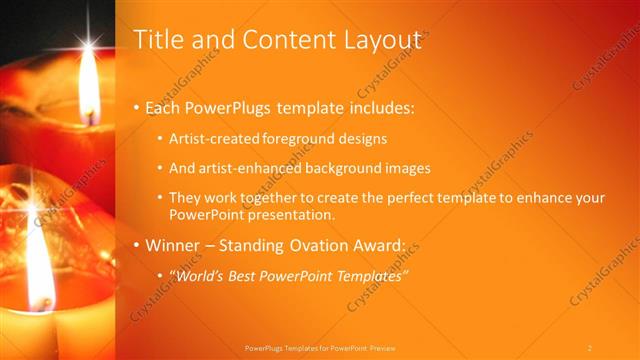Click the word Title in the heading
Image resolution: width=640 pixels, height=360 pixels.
click(x=157, y=40)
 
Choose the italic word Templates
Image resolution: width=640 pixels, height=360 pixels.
click(x=369, y=275)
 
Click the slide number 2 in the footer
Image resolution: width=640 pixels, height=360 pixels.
click(x=590, y=347)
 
